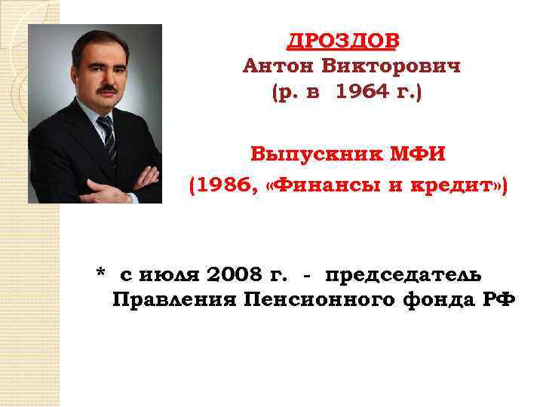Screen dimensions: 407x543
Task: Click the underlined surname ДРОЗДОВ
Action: point(343,41)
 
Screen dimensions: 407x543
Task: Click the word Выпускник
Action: point(307,155)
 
